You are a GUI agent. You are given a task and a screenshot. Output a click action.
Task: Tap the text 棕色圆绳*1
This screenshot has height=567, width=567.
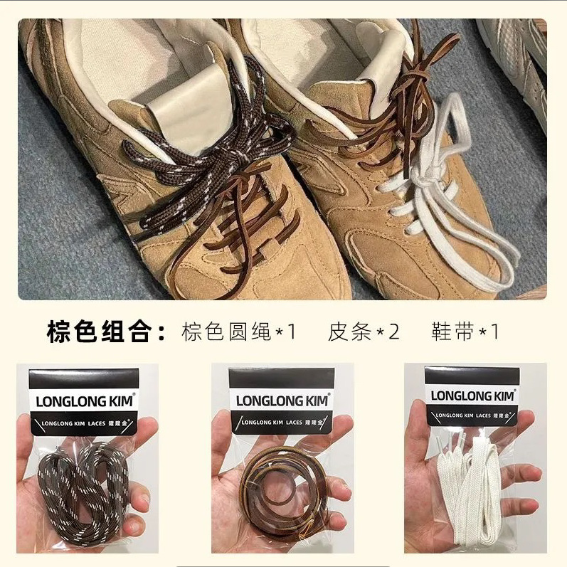pyautogui.click(x=239, y=332)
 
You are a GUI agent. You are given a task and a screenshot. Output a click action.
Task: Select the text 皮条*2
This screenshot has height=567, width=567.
pyautogui.click(x=364, y=332)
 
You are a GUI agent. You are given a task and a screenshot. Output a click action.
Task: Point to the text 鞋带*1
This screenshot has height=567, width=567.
pyautogui.click(x=465, y=332)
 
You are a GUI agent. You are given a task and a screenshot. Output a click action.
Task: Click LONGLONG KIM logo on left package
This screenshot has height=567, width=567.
pyautogui.click(x=85, y=401)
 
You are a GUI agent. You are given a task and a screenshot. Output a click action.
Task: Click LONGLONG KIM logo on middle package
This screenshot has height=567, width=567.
pyautogui.click(x=282, y=401)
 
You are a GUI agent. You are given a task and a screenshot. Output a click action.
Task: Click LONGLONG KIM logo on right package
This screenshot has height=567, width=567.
pyautogui.click(x=472, y=396)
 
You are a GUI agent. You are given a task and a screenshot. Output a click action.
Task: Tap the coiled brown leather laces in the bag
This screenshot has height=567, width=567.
pyautogui.click(x=283, y=491)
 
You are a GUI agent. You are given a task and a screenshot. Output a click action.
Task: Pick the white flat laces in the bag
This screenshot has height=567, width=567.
pyautogui.click(x=470, y=492)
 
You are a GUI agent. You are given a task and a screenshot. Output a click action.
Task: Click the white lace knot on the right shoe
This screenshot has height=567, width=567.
pyautogui.click(x=424, y=178)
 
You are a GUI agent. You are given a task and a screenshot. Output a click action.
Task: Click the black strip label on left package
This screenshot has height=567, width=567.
pyautogui.click(x=84, y=423)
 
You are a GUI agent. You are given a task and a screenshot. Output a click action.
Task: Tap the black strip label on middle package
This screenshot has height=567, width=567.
pyautogui.click(x=282, y=423)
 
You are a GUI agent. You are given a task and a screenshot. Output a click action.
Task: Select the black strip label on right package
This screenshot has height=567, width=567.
pyautogui.click(x=472, y=415)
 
